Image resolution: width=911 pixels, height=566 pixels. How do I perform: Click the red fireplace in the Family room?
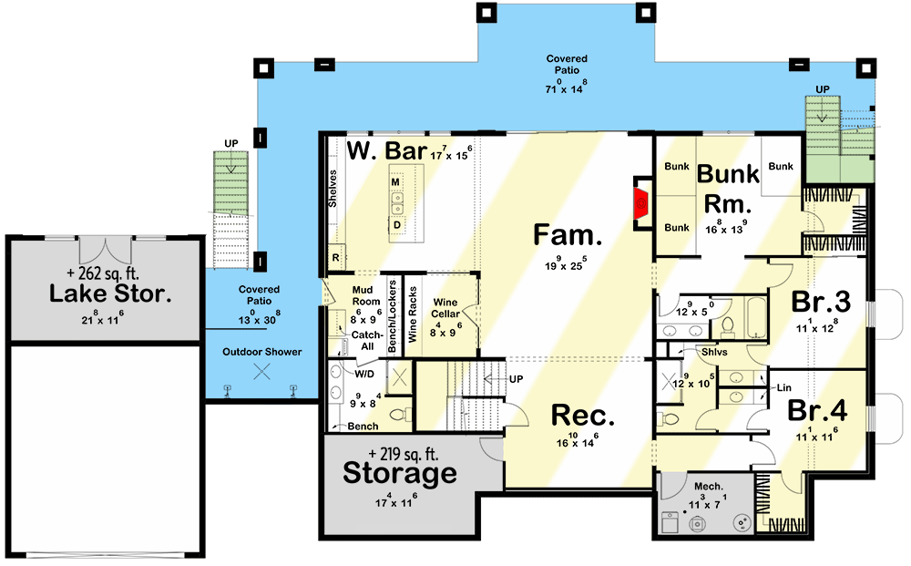pyautogui.click(x=641, y=203)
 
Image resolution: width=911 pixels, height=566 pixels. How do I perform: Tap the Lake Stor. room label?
pyautogui.click(x=110, y=293)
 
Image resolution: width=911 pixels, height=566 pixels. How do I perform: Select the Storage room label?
pyautogui.click(x=400, y=473)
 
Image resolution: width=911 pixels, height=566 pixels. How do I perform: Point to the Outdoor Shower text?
pyautogui.click(x=262, y=352)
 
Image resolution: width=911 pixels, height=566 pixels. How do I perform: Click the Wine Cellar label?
pyautogui.click(x=445, y=308)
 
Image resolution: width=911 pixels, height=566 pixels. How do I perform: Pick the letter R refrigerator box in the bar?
pyautogui.click(x=336, y=257)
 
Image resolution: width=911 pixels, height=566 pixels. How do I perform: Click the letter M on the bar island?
pyautogui.click(x=395, y=182)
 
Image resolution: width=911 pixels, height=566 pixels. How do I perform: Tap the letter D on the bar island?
pyautogui.click(x=397, y=225)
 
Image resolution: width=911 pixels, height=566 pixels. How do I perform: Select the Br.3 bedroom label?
pyautogui.click(x=821, y=302)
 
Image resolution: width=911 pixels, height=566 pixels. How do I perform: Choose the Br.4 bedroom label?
pyautogui.click(x=817, y=410)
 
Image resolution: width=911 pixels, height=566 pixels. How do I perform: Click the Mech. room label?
pyautogui.click(x=709, y=487)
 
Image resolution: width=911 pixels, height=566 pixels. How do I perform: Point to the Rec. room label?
pyautogui.click(x=583, y=416)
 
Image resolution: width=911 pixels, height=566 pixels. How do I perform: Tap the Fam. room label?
pyautogui.click(x=568, y=234)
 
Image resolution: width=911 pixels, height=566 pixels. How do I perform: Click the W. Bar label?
pyautogui.click(x=387, y=150)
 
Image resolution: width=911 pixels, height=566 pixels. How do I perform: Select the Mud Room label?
pyautogui.click(x=366, y=296)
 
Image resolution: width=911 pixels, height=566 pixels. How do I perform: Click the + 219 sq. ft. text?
pyautogui.click(x=404, y=454)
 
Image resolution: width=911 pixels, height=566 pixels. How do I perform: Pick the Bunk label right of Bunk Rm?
pyautogui.click(x=781, y=166)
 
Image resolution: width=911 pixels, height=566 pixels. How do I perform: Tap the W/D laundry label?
pyautogui.click(x=364, y=374)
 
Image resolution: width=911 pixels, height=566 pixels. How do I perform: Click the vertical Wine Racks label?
pyautogui.click(x=413, y=314)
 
